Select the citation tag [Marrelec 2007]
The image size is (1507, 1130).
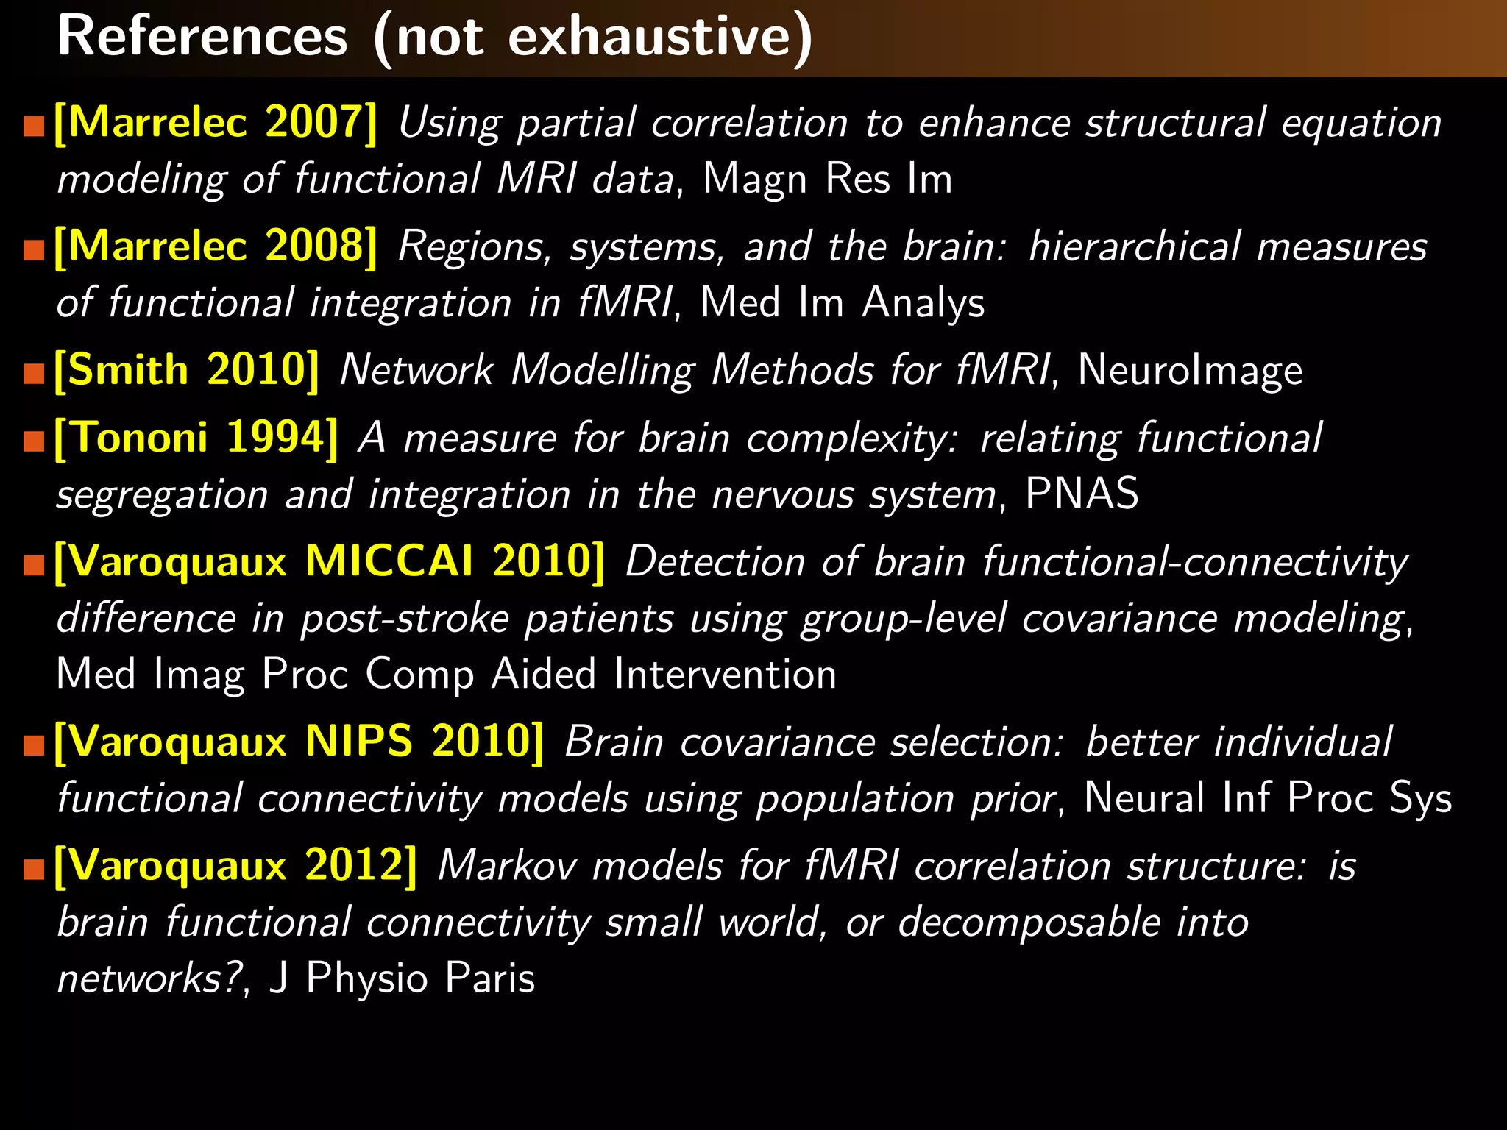tap(216, 122)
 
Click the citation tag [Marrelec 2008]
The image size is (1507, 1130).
tap(216, 246)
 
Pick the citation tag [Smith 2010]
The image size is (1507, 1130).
tap(187, 369)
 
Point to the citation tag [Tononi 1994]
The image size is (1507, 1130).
tap(196, 438)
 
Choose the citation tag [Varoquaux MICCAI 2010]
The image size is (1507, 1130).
tap(330, 561)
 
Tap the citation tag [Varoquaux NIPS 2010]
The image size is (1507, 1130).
tap(299, 741)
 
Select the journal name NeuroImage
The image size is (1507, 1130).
tap(1190, 369)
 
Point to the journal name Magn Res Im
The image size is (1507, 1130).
tap(827, 179)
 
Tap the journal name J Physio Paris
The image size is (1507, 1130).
tap(402, 978)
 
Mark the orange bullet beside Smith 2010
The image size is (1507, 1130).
tap(34, 373)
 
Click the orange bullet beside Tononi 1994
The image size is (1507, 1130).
tap(34, 441)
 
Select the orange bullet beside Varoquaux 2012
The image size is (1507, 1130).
tap(34, 869)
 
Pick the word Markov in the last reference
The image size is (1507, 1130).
tap(507, 865)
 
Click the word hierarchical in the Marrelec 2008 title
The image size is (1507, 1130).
tap(1134, 246)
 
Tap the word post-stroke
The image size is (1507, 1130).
tap(405, 618)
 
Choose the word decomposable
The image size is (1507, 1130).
tap(1029, 922)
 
